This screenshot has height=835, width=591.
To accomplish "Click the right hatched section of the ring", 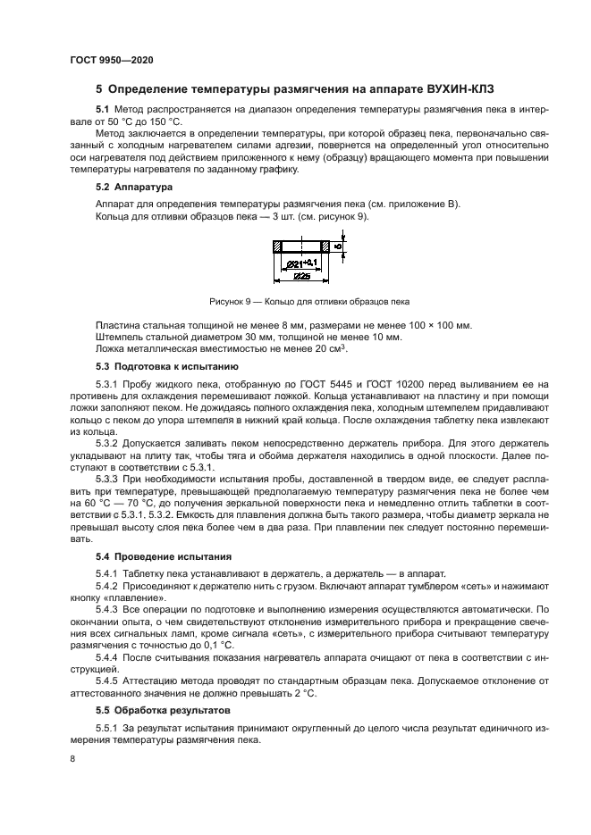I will pos(325,246).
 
